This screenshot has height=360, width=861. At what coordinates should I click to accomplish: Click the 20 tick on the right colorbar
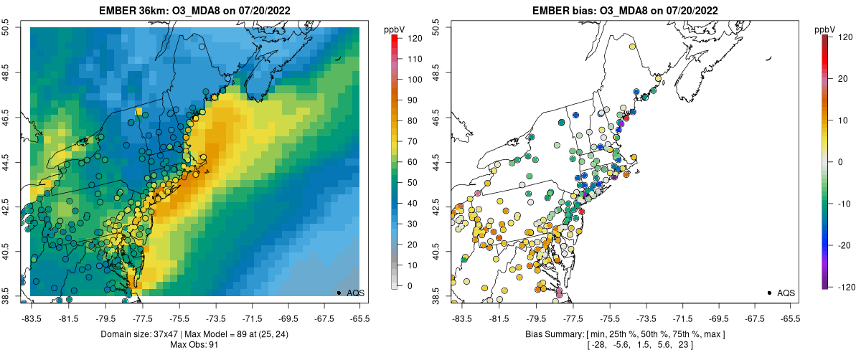point(841,79)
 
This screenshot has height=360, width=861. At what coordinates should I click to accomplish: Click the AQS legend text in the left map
point(356,293)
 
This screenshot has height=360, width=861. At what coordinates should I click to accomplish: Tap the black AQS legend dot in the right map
point(768,293)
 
